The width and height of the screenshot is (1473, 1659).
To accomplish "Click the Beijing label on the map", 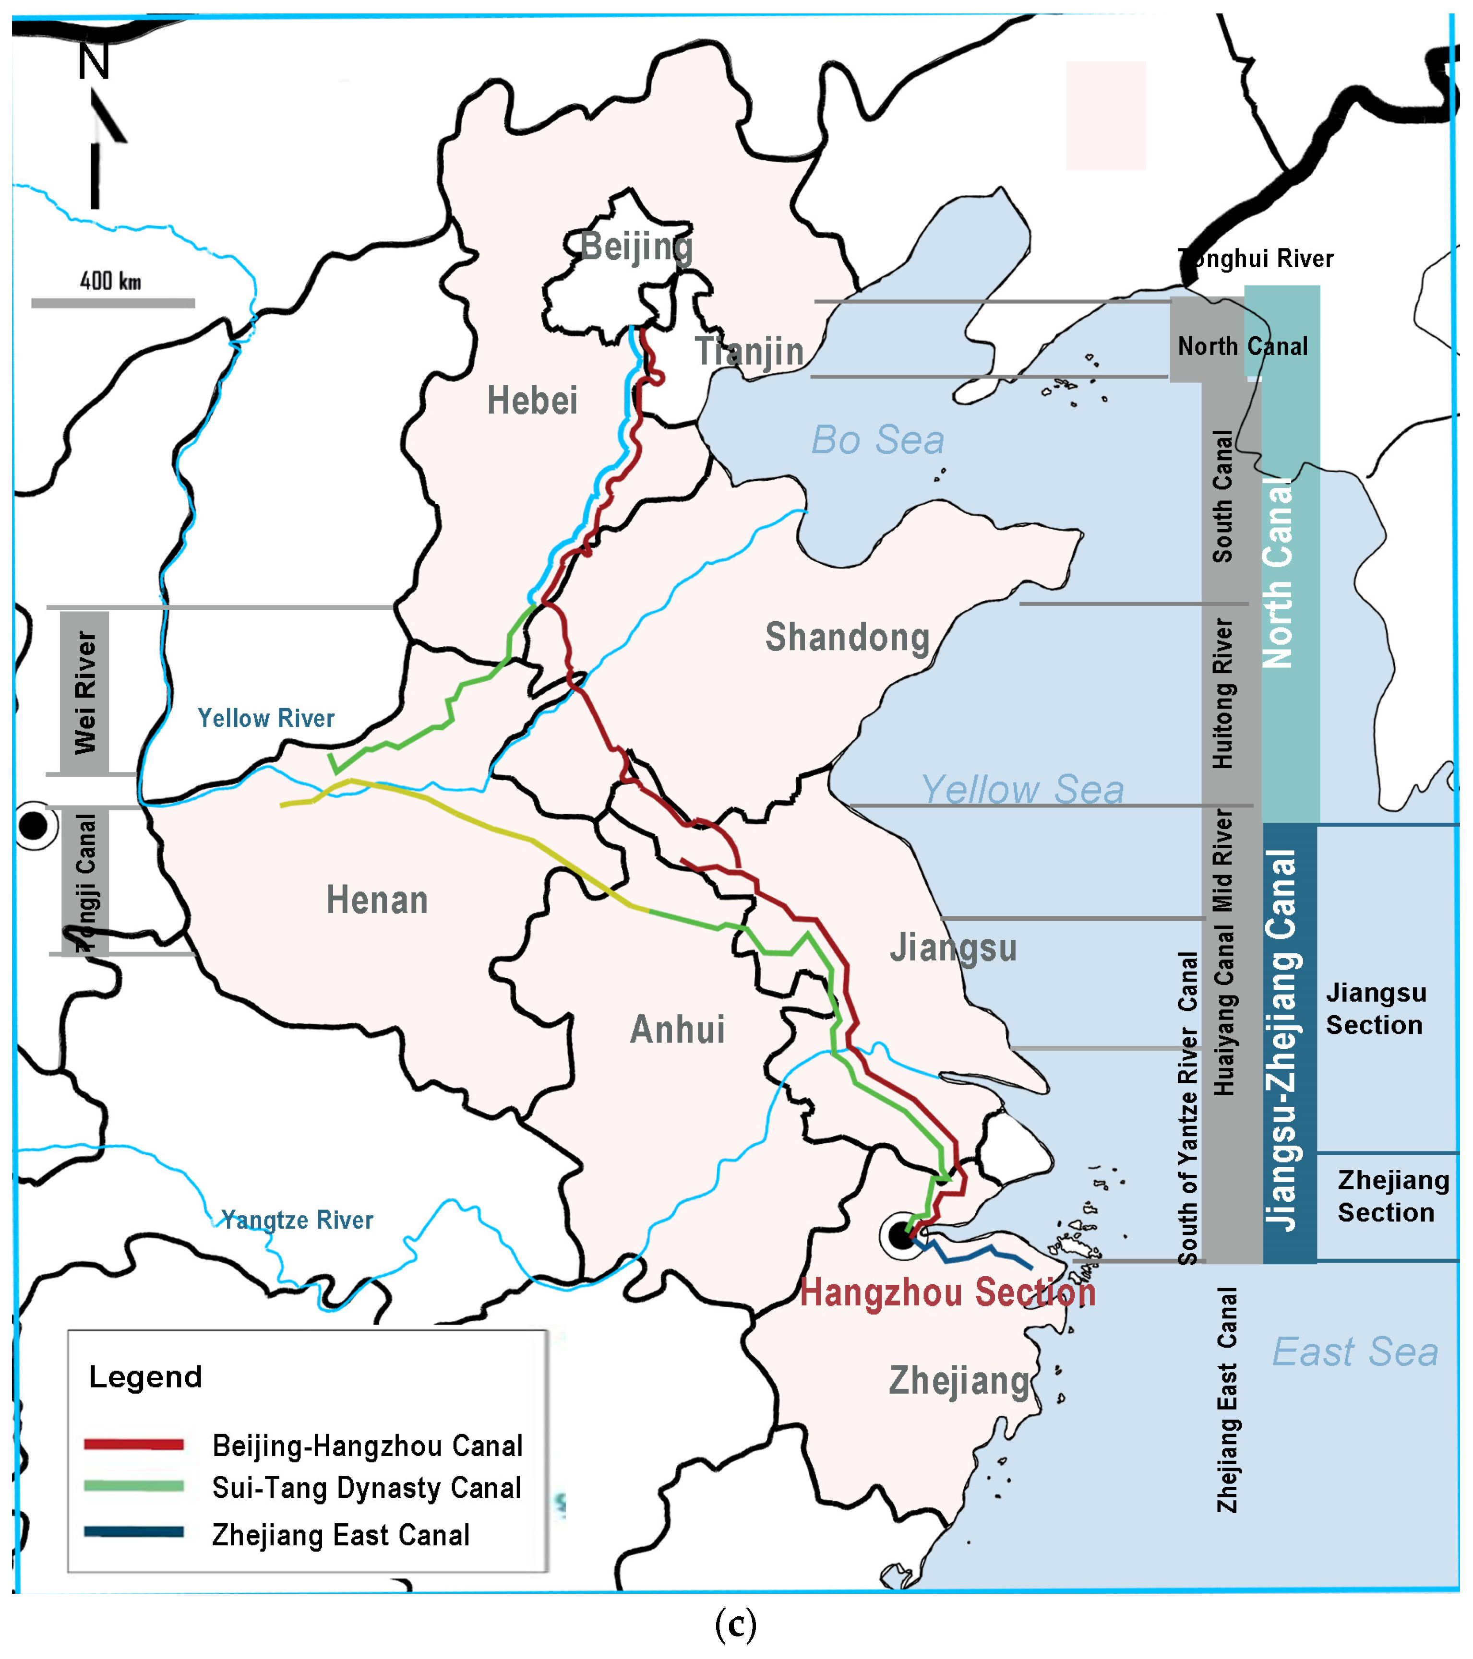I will tap(636, 247).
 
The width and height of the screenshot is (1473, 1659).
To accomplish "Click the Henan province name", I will tap(377, 900).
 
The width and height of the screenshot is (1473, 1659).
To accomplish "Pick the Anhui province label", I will tap(677, 1029).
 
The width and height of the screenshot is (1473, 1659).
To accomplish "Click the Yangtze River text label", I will tap(297, 1220).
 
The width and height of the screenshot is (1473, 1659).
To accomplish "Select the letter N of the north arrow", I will tap(94, 62).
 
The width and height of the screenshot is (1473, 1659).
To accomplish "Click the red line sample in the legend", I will tap(134, 1444).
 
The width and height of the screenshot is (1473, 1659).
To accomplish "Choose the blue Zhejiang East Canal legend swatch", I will tap(134, 1531).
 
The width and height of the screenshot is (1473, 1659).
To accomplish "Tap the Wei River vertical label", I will tap(84, 692).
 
